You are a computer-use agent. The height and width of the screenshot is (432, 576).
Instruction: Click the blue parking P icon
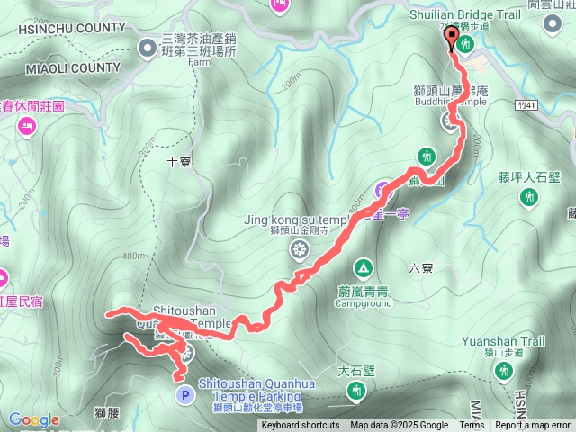(184, 393)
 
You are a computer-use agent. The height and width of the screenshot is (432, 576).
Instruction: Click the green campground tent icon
(363, 267)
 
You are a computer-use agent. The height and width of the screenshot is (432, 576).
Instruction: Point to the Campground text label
(363, 303)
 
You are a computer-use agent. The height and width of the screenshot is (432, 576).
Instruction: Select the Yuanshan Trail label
(503, 341)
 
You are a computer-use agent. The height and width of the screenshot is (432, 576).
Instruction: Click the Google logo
(33, 419)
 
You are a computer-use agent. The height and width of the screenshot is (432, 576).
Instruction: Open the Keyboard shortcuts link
(301, 426)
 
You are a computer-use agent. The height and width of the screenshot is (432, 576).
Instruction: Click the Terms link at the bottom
(472, 426)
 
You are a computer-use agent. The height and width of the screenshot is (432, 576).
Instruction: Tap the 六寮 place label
(420, 266)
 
